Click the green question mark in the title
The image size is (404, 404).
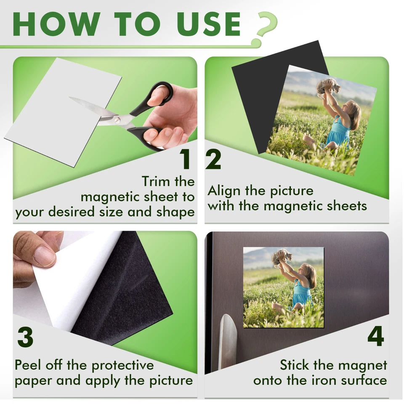264,26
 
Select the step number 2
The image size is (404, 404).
213,159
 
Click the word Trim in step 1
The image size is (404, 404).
156,182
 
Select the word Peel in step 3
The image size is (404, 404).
29,365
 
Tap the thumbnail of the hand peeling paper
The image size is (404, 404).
36,257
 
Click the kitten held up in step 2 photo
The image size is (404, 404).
327,87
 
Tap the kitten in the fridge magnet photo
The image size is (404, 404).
281,256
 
